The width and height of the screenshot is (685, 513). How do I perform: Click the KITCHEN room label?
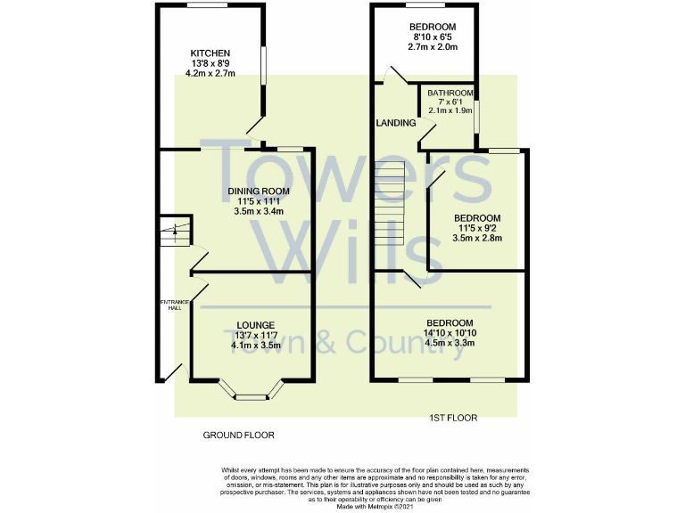tap(210, 53)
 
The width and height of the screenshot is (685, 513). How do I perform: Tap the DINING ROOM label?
tap(259, 191)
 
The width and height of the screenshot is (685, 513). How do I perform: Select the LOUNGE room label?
tap(255, 324)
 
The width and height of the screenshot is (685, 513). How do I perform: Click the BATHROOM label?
tap(450, 93)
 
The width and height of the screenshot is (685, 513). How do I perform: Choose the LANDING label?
tap(396, 123)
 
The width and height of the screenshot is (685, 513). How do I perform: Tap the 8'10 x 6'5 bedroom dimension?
tap(433, 37)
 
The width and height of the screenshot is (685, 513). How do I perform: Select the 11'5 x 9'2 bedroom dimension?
tap(477, 229)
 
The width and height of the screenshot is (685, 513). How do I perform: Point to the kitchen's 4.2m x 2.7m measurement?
tap(210, 74)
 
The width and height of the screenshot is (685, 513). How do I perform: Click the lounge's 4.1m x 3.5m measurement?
tap(255, 345)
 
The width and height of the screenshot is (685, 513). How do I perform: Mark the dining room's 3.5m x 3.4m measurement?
tap(259, 212)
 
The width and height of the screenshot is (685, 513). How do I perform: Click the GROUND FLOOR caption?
tap(237, 436)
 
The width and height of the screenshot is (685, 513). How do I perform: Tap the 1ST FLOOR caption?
tap(455, 418)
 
